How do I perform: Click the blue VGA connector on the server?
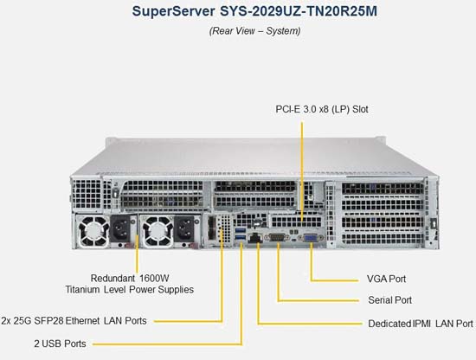click(310, 238)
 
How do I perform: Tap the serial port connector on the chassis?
click(277, 237)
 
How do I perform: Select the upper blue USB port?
click(240, 229)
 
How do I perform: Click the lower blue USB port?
click(240, 237)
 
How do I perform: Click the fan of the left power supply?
click(93, 232)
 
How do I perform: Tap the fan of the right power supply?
click(158, 232)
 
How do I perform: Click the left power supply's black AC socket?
click(121, 228)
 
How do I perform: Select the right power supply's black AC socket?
click(184, 228)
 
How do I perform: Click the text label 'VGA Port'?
click(386, 279)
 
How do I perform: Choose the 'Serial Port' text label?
click(389, 300)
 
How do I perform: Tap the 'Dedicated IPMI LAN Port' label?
click(421, 324)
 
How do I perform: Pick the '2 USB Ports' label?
click(60, 344)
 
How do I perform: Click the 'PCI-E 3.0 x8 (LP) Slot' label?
click(322, 109)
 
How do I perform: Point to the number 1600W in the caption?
click(154, 278)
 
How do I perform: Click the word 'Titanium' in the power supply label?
click(82, 289)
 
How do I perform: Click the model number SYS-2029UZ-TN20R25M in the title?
click(299, 11)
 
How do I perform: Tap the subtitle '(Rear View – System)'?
click(254, 31)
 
